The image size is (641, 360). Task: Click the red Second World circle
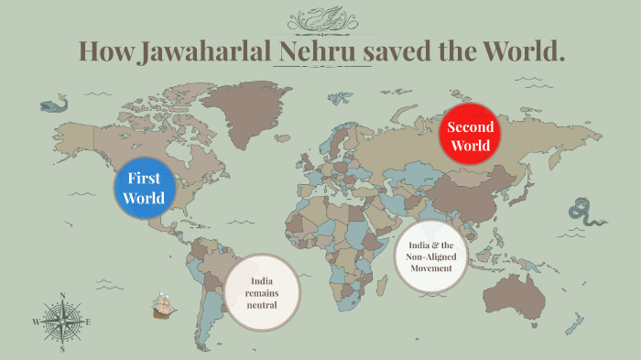470,136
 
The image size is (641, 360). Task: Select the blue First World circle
146,188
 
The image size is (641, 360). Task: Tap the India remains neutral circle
262,292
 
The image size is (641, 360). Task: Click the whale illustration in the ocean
55,103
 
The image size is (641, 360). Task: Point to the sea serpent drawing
586,213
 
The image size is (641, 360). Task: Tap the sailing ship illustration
163,304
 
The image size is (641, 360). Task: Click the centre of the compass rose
62,322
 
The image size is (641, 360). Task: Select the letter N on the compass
62,296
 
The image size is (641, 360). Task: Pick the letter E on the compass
88,322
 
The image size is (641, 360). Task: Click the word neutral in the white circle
262,304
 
